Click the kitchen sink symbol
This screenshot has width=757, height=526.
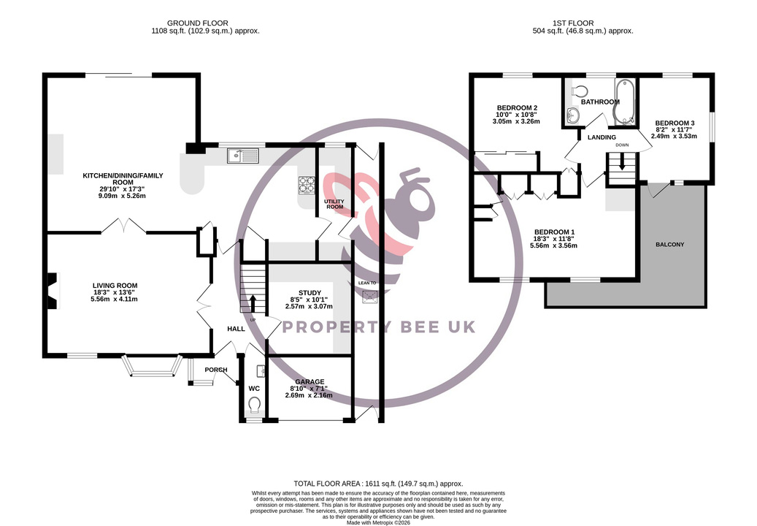tap(243, 155)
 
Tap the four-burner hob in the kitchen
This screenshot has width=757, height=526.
tap(306, 185)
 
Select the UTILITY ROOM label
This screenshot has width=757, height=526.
tap(335, 204)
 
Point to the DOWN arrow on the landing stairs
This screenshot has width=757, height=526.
tap(622, 161)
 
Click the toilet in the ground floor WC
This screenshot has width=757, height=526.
tap(255, 405)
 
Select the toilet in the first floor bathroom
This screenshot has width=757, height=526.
tap(579, 91)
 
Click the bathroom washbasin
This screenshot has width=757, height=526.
tap(573, 115)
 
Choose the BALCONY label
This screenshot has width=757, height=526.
tap(669, 245)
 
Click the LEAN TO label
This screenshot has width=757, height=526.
tap(367, 283)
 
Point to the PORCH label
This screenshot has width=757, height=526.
tap(216, 370)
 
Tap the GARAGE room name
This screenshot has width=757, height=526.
tap(310, 381)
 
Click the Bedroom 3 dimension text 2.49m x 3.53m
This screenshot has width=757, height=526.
tap(674, 136)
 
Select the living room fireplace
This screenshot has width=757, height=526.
tap(53, 291)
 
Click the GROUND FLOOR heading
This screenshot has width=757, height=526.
tap(197, 23)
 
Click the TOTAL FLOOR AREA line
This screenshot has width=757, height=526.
tap(378, 484)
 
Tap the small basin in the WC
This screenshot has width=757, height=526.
tap(261, 370)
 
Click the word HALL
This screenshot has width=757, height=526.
tap(236, 329)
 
